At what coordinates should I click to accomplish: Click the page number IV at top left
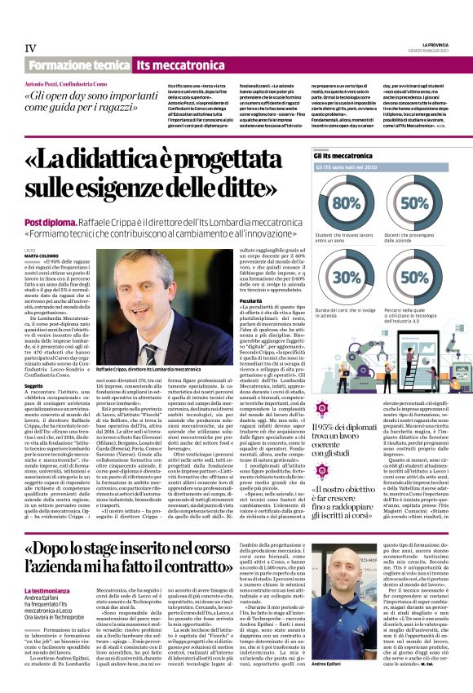[x=30, y=48]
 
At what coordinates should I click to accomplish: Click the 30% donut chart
[x=347, y=277]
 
